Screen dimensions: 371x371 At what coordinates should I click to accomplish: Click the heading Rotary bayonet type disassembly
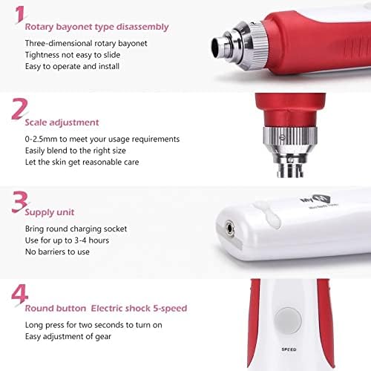pos(96,27)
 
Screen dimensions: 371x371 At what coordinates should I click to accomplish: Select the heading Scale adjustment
pos(62,122)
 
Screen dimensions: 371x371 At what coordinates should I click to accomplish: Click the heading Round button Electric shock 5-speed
pos(106,307)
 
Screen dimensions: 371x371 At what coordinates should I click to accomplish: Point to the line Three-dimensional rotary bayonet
pos(86,43)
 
